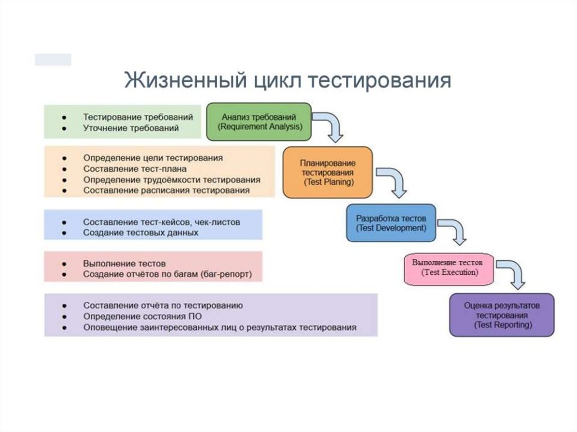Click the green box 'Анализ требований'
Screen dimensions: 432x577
[x=259, y=122]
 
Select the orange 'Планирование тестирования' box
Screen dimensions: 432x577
[x=327, y=172]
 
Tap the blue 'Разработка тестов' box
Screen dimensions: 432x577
[x=391, y=223]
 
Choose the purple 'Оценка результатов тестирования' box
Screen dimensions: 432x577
[x=501, y=315]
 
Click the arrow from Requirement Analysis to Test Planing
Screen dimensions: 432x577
[x=330, y=126]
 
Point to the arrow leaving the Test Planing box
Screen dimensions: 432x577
[x=393, y=180]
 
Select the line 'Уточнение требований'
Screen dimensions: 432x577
[x=131, y=128]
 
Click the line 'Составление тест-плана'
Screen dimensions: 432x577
[x=135, y=168]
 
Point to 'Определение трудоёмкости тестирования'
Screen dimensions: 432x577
[x=172, y=180]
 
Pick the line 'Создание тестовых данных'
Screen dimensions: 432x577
[x=140, y=232]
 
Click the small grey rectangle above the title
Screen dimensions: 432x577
[x=53, y=60]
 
